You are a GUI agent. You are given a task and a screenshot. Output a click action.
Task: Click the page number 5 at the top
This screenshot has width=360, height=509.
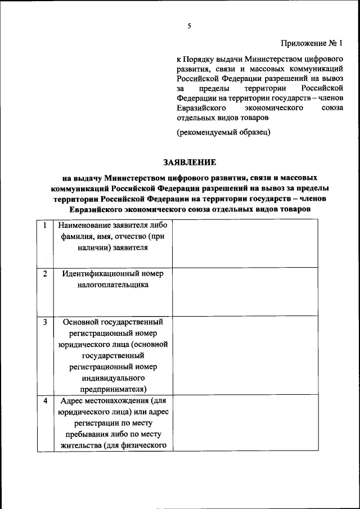point(190,26)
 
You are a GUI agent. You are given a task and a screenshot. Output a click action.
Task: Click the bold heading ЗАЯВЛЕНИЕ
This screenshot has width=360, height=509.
point(190,162)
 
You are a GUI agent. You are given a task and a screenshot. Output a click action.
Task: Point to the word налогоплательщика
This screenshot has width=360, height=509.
point(113,285)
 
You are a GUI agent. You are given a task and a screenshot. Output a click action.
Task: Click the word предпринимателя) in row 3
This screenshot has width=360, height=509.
point(113,388)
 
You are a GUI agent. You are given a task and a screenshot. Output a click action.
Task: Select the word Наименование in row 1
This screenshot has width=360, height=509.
point(82,226)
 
